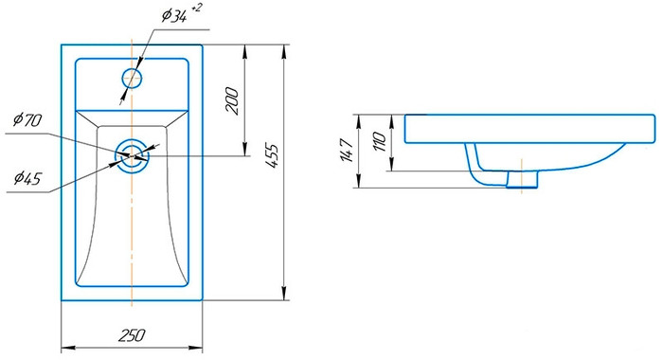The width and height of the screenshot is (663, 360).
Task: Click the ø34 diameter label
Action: click(174, 16)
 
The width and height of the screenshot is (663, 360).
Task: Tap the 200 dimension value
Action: click(232, 100)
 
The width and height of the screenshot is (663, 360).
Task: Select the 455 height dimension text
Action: click(273, 156)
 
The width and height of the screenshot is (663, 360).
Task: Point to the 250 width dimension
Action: click(132, 335)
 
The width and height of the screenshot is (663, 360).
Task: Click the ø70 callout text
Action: click(27, 120)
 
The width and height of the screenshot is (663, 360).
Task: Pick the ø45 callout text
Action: click(27, 178)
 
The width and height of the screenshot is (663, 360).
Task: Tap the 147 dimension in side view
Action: click(347, 151)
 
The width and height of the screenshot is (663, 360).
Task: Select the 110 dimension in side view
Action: click(379, 142)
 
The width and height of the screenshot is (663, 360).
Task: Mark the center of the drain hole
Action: click(132, 156)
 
